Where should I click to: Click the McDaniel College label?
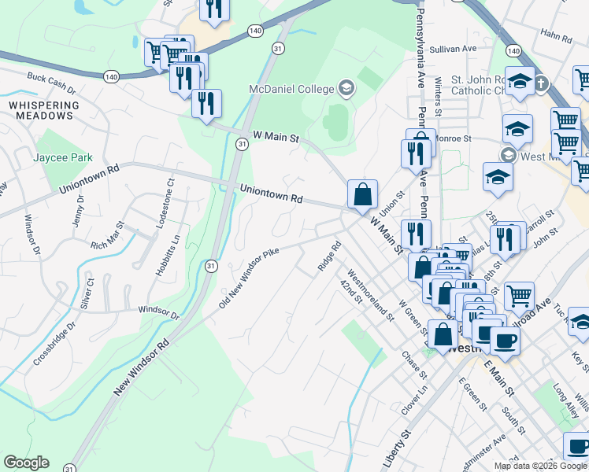[292, 89]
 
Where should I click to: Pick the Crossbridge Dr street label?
[53, 345]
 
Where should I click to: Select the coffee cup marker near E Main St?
[505, 341]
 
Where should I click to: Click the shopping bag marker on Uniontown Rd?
[362, 194]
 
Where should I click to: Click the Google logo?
[26, 463]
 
